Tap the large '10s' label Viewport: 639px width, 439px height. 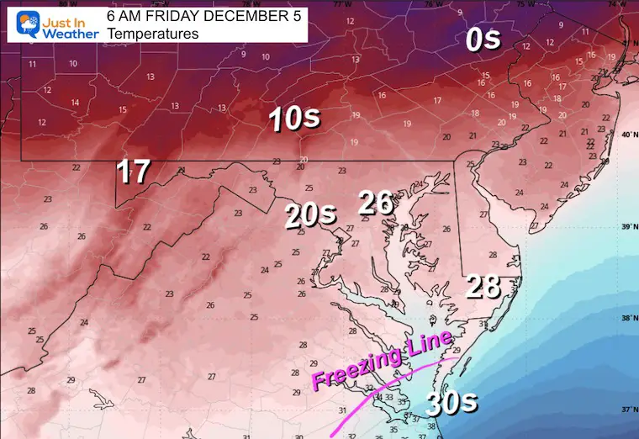[x=294, y=119]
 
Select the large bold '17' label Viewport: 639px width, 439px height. [x=133, y=172]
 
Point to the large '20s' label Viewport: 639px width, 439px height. [x=310, y=216]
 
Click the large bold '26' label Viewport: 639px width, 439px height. [x=378, y=202]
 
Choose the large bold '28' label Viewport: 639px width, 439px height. [x=484, y=286]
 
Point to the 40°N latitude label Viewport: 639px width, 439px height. [x=626, y=135]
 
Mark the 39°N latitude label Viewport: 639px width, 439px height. [x=626, y=226]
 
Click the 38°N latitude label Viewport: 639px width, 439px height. [x=626, y=319]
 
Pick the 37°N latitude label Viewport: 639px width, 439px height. [x=626, y=410]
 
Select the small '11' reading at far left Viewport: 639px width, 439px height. [x=32, y=65]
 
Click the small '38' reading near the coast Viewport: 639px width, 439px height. [x=431, y=426]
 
